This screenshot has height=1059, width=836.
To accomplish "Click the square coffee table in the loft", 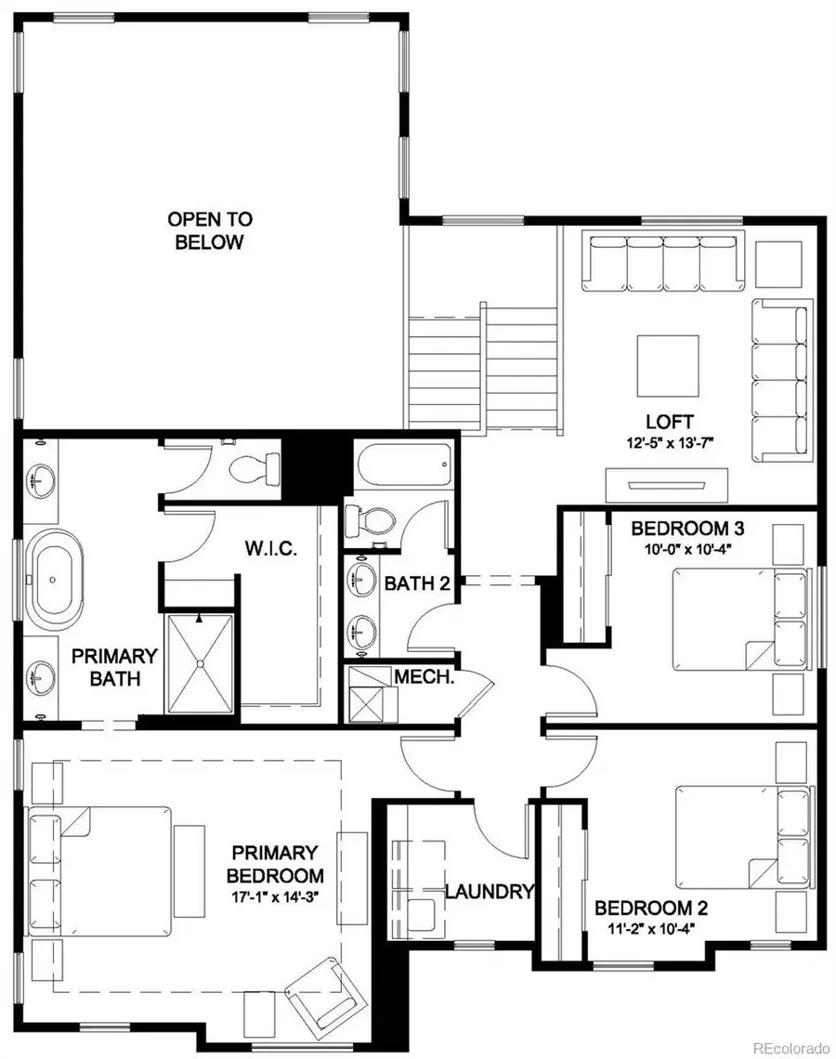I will tap(667, 365).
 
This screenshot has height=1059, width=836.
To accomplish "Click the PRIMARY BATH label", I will tap(115, 667).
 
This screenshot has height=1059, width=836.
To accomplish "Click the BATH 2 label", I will tap(411, 583).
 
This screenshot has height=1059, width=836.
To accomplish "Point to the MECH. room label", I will tap(423, 676).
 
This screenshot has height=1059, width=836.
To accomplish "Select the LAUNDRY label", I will tap(490, 892).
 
